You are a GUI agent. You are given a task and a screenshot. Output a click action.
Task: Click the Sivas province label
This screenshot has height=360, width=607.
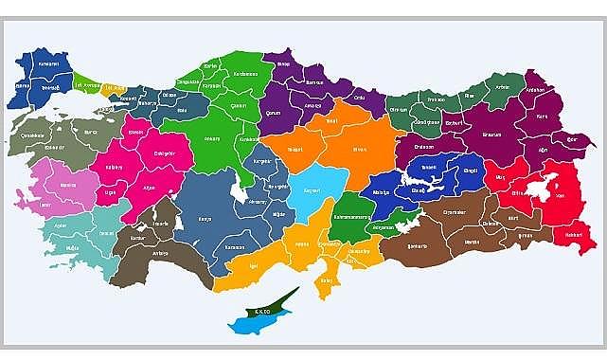tap(359, 148)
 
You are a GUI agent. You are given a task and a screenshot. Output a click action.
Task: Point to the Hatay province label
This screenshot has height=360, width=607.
tap(331, 277)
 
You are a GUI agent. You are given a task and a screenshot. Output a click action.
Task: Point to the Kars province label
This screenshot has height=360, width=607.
tap(542, 117)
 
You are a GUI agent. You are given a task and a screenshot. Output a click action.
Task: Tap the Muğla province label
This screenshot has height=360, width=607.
tap(72, 247)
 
